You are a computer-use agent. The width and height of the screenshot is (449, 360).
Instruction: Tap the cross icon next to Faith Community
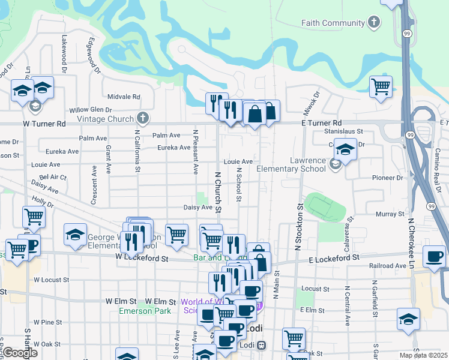pos(374,23)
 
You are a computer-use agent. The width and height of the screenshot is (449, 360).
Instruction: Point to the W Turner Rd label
pos(44,124)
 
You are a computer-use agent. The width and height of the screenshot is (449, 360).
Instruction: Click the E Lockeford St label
pos(334,257)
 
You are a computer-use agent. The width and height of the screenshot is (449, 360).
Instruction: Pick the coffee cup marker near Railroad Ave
pos(434,257)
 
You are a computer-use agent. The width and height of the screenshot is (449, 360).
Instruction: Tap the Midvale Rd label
pos(124,97)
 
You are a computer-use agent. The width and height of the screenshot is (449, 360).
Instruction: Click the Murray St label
pos(391,214)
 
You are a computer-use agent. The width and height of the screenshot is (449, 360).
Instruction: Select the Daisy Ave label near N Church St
pos(198,208)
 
